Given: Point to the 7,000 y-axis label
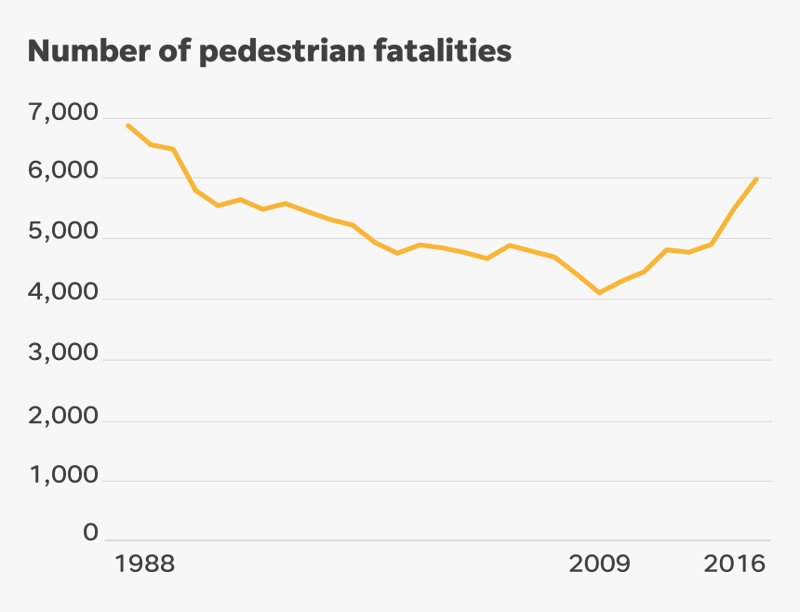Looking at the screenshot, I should [64, 113].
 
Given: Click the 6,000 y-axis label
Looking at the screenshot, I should [64, 173].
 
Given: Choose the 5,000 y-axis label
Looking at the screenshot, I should [64, 233].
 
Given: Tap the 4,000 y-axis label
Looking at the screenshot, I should [64, 294].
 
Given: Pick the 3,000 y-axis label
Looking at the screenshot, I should [64, 354].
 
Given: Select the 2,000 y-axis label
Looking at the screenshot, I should [64, 416].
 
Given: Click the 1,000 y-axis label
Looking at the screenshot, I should [64, 476].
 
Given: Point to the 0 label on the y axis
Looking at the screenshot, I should [90, 533].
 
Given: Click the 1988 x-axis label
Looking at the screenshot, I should [145, 565].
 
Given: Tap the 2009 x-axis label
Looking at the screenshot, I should [599, 565].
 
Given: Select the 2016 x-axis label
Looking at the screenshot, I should [735, 565].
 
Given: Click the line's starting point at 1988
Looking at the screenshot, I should [128, 126].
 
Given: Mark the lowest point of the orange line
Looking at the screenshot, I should [599, 293].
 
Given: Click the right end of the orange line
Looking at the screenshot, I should [757, 179].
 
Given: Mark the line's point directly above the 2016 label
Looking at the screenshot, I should [735, 208].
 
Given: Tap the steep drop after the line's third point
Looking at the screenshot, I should [184, 169].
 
